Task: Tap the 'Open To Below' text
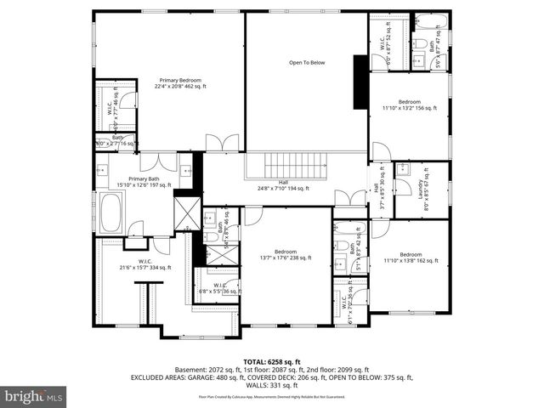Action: [x=307, y=62]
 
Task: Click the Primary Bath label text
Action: [x=144, y=182]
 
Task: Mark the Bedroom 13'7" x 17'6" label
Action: [x=286, y=255]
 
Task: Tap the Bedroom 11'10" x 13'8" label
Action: [x=411, y=258]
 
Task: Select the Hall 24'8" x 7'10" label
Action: [x=284, y=185]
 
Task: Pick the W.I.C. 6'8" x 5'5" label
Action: [x=218, y=288]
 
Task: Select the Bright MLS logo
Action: [x=33, y=396]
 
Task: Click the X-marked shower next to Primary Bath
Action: [x=186, y=207]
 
